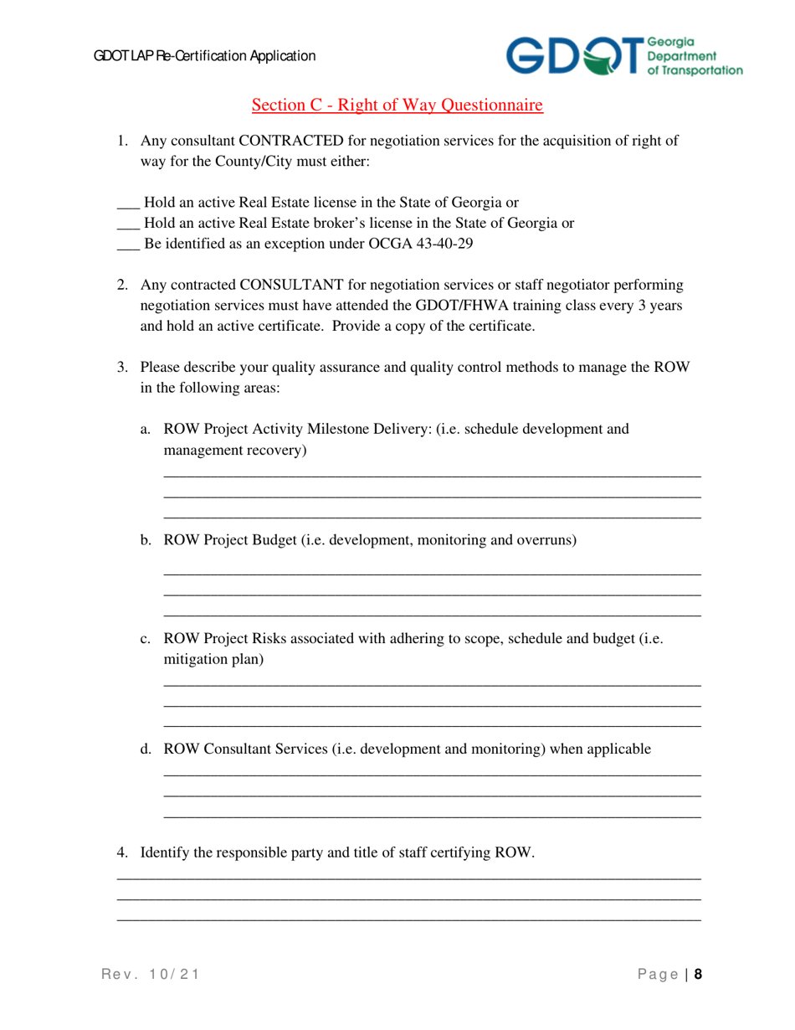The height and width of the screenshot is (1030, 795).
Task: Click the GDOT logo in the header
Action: tap(623, 56)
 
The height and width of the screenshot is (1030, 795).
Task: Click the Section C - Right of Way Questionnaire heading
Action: tap(397, 106)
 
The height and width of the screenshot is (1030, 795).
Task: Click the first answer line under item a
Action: tap(432, 476)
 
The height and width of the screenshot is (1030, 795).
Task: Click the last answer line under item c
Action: tap(432, 725)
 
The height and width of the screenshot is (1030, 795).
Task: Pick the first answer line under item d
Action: tap(432, 775)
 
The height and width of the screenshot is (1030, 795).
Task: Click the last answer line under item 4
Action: tap(408, 921)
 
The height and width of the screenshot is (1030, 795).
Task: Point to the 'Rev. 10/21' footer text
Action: tap(151, 974)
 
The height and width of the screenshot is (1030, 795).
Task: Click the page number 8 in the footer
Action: tap(697, 974)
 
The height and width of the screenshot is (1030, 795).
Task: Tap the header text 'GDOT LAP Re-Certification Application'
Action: tap(204, 56)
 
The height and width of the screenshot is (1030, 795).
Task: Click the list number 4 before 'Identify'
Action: tap(121, 853)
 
